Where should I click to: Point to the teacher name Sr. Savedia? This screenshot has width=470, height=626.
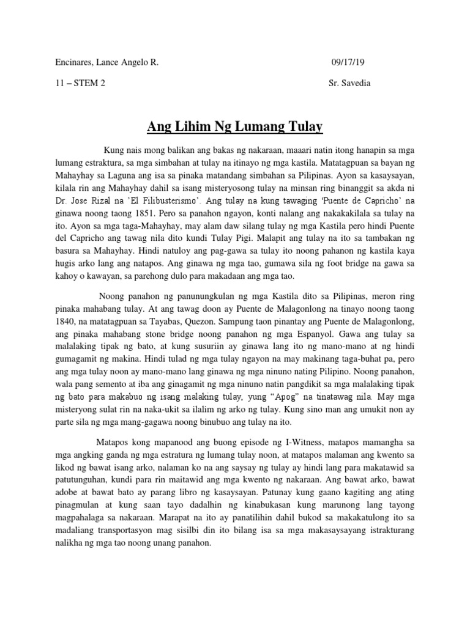click(349, 83)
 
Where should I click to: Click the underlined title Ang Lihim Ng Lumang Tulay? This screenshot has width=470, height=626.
click(234, 127)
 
